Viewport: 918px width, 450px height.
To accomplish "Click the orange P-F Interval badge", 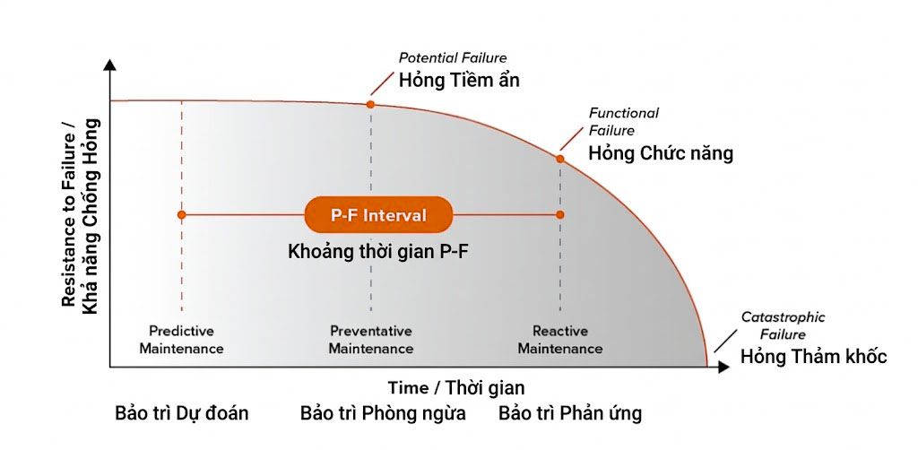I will [378, 215].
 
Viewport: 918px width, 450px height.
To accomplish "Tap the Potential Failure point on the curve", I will [370, 105].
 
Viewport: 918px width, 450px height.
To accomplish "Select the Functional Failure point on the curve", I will [560, 159].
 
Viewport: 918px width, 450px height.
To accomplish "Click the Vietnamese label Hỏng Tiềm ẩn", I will [459, 81].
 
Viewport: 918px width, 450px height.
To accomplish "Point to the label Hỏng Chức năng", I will [661, 153].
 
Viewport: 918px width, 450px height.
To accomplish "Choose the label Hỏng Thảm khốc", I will [813, 357].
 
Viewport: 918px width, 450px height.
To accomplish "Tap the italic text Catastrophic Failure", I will [783, 325].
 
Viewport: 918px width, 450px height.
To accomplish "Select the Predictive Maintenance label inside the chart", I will [181, 340].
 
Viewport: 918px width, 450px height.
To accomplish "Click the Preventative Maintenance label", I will [370, 340].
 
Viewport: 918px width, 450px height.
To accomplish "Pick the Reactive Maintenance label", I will [560, 340].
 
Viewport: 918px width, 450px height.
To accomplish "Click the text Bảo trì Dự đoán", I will [182, 413].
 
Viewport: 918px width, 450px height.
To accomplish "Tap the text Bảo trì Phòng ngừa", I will [383, 413].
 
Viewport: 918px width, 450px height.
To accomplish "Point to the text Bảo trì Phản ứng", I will [570, 413].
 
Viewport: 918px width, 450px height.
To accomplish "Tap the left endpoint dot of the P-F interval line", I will [181, 215].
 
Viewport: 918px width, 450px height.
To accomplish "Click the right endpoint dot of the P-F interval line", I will [560, 215].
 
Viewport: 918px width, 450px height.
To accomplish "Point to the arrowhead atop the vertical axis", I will [109, 65].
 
